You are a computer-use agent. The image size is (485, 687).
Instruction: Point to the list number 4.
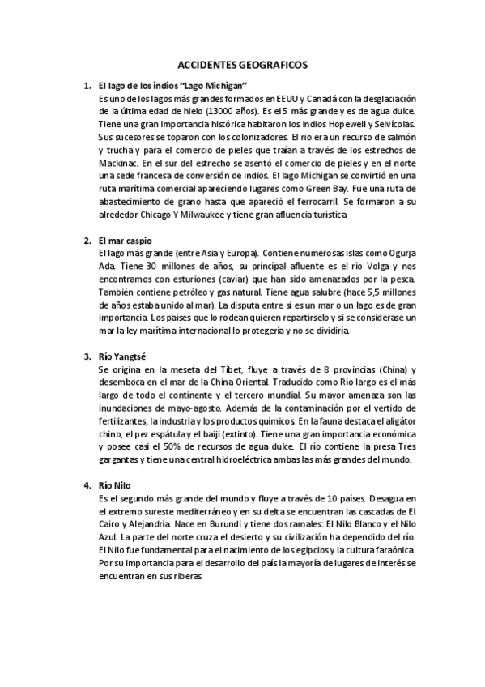(87, 485)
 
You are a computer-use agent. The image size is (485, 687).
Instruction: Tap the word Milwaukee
(220, 215)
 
